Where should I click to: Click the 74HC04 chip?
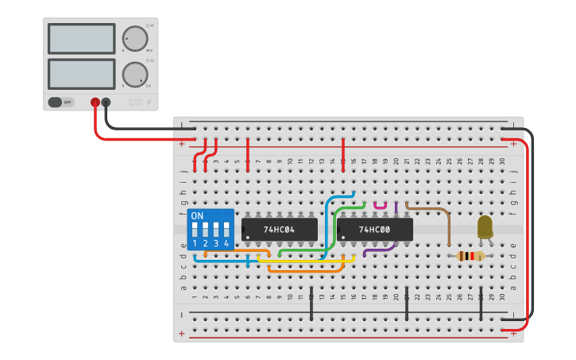pos(279,230)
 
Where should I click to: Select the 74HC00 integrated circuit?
pos(374,230)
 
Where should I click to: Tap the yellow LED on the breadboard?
pos(485,227)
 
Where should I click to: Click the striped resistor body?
pos(470,256)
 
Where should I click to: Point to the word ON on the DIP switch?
pos(198,216)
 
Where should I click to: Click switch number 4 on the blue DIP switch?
pos(226,231)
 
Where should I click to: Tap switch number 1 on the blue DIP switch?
pos(195,231)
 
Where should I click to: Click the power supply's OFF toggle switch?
pos(60,102)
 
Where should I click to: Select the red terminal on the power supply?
pos(95,103)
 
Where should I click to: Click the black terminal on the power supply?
pos(106,103)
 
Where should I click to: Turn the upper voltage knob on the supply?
pos(134,38)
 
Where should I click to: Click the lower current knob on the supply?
pos(134,74)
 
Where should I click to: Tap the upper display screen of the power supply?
pos(82,38)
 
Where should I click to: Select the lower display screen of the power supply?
pos(82,74)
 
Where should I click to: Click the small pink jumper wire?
pos(380,207)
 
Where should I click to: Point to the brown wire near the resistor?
pos(429,210)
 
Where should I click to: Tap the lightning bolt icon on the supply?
pos(149,102)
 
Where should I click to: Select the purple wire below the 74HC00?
pos(380,251)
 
